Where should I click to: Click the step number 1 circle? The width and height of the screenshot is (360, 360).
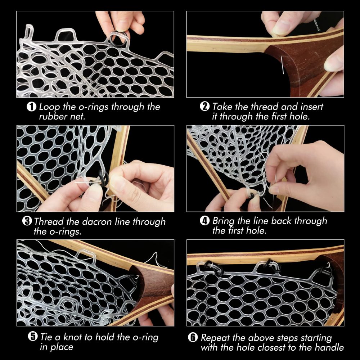tap(32, 107)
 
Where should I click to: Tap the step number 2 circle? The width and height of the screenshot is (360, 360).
tap(204, 107)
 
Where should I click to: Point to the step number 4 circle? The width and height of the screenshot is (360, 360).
tap(204, 221)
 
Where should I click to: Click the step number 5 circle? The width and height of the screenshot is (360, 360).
tap(32, 337)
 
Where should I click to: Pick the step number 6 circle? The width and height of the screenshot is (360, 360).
tap(193, 337)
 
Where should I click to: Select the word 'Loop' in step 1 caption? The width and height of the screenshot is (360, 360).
tap(48, 107)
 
